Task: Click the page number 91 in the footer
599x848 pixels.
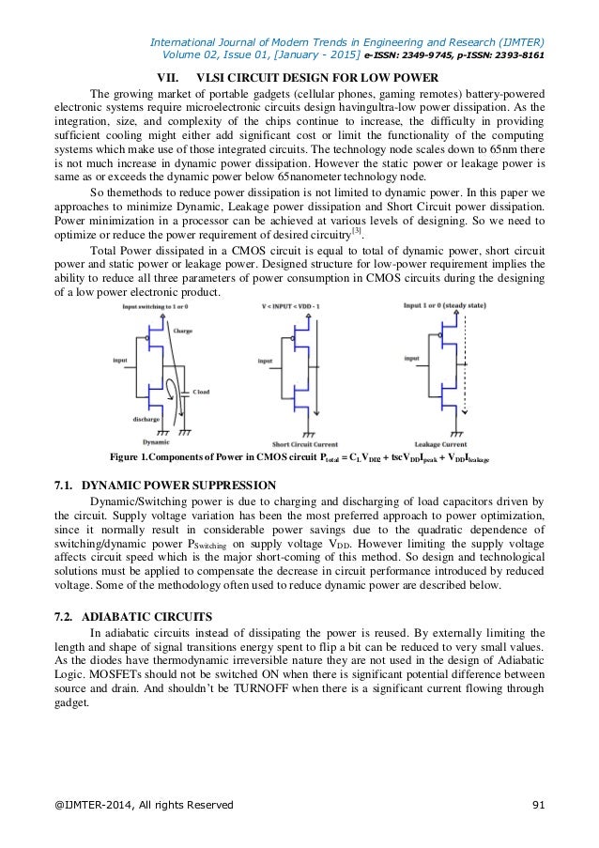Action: coord(538,804)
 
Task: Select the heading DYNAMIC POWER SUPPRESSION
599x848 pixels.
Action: coord(178,486)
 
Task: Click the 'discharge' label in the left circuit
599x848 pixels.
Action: coord(146,419)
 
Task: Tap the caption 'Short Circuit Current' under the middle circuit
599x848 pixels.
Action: coord(304,442)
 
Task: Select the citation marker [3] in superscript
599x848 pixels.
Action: coord(356,231)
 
